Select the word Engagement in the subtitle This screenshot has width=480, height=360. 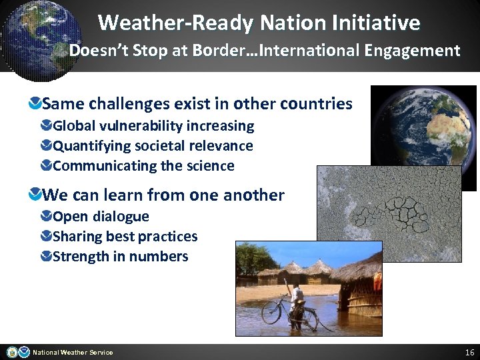[417, 51]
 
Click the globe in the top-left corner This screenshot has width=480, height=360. [40, 33]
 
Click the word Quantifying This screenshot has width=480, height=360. [92, 146]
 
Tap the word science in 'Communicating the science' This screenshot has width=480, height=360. [209, 166]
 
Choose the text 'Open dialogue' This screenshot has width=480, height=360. [101, 217]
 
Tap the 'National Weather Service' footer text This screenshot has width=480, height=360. [73, 353]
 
